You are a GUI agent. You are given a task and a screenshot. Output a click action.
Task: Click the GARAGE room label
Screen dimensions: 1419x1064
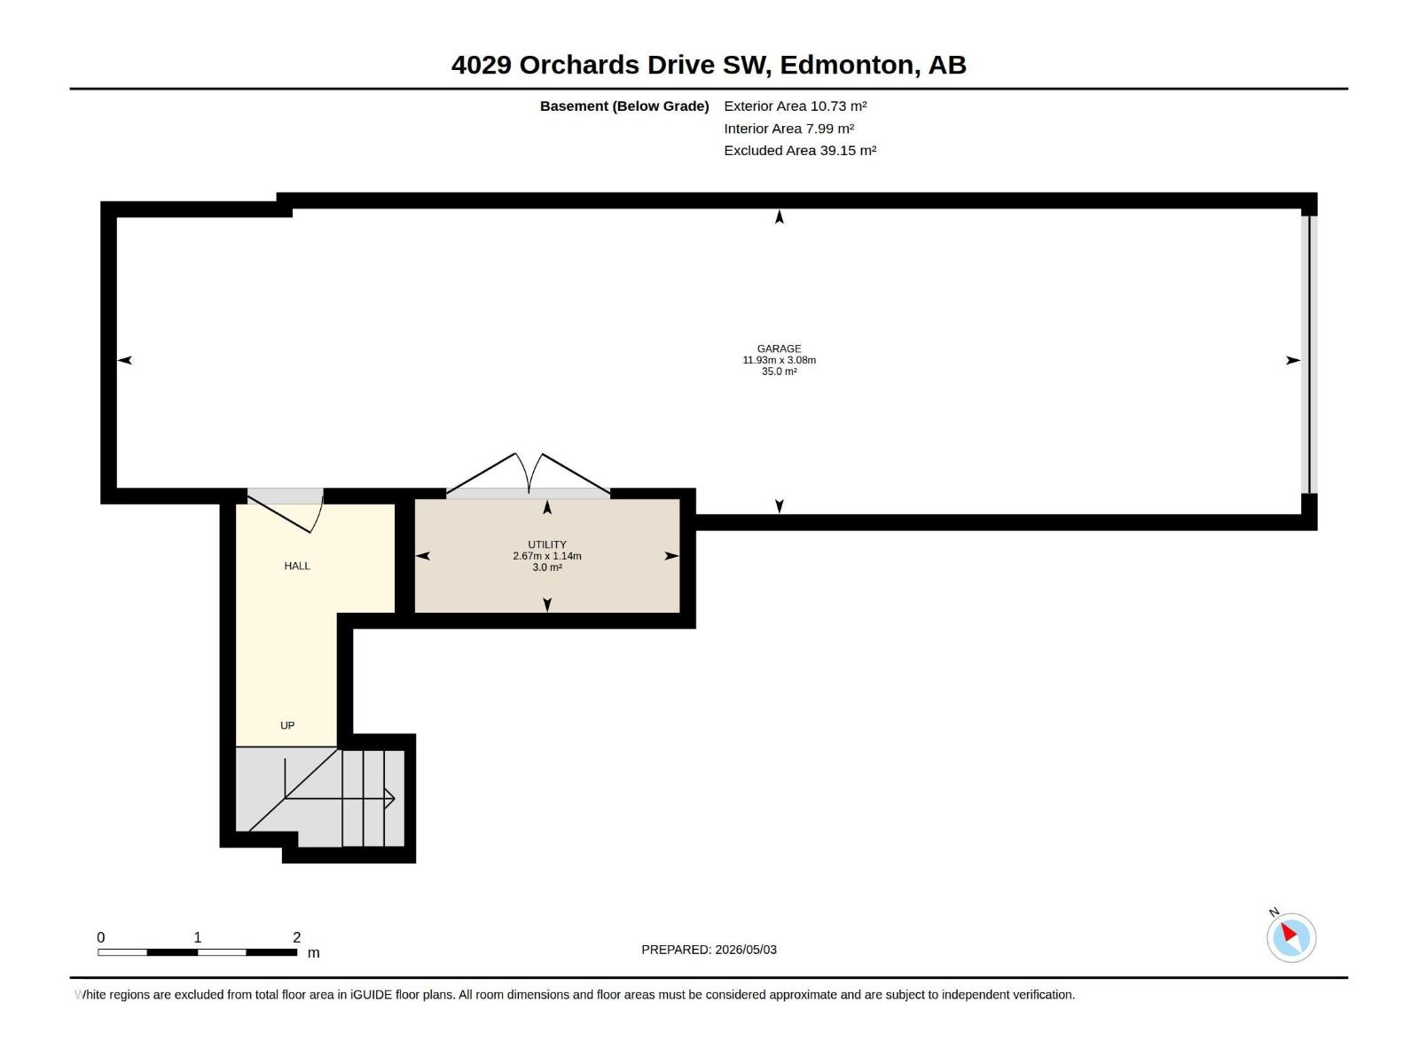779,348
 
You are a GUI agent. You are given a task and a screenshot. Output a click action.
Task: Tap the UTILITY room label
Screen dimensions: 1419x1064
547,544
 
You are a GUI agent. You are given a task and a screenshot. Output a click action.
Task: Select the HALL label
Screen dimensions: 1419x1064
297,566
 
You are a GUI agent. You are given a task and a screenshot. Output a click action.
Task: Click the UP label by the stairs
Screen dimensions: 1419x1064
287,725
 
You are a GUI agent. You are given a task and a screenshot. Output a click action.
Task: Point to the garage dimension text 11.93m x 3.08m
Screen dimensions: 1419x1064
779,361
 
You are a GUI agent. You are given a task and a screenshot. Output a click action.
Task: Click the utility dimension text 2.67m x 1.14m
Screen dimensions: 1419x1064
547,556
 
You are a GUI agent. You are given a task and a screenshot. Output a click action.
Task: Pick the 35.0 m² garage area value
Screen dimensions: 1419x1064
779,372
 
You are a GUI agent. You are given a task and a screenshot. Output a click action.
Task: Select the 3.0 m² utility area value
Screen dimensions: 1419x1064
547,567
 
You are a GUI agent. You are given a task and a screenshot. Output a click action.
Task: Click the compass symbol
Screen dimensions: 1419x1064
1291,937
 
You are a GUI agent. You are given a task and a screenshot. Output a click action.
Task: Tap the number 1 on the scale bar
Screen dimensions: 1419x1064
198,937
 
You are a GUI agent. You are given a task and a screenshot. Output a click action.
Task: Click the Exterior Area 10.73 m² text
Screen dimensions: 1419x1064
796,106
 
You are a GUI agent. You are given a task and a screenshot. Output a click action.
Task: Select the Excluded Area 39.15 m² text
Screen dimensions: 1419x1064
800,151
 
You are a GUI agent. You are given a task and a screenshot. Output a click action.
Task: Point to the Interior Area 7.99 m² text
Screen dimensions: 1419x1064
788,129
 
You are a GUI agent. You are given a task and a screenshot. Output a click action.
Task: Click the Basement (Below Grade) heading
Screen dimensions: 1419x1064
624,106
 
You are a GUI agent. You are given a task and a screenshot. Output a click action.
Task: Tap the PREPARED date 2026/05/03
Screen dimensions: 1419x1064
746,950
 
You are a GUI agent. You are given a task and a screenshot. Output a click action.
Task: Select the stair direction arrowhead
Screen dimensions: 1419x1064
390,799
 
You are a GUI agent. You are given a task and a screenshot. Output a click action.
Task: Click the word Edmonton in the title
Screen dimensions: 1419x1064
850,66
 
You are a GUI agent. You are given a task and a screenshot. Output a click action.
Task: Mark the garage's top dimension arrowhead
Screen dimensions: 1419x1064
779,216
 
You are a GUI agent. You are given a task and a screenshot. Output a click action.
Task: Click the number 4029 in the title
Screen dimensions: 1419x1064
482,66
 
